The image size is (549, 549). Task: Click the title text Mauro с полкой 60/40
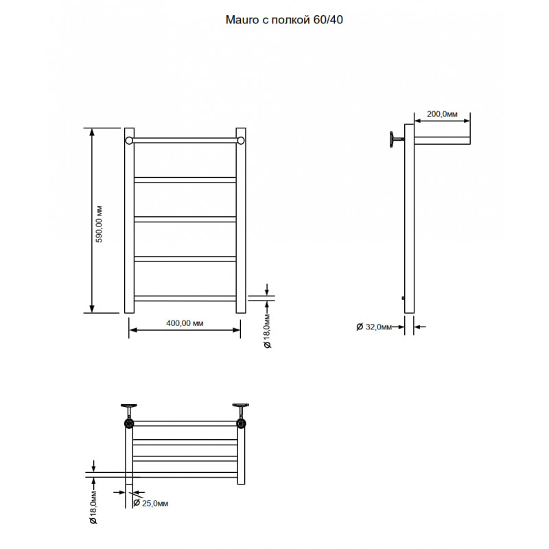coord(284,20)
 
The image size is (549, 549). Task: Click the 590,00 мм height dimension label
coord(100,224)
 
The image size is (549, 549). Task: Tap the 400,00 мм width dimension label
coord(185,323)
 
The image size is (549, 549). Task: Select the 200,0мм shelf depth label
coord(442,114)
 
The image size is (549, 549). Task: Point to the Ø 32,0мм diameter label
coord(373,327)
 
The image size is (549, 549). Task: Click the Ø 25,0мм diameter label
coord(151,503)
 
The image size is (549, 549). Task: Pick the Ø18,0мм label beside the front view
coord(268,331)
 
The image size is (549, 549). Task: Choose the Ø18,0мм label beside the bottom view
coord(93,506)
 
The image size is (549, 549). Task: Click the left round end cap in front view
coord(129,141)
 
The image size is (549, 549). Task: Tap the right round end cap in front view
coord(241,141)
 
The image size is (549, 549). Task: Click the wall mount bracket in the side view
coord(396,139)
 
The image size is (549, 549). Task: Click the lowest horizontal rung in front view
coord(185,299)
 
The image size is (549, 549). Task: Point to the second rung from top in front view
coord(185,180)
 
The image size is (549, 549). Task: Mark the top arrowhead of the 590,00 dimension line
coord(92,132)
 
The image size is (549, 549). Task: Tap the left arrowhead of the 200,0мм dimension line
coord(418,121)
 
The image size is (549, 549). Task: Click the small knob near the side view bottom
coord(404,299)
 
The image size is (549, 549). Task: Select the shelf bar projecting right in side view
coord(442,141)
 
